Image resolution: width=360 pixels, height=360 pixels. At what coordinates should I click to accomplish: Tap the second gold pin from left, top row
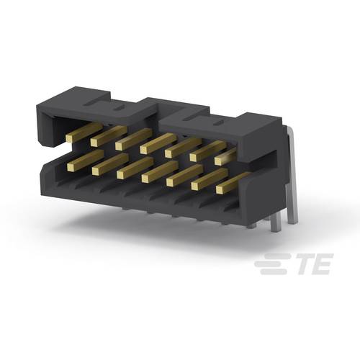click(108, 135)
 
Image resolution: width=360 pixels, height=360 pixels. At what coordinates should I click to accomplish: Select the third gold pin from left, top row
click(132, 138)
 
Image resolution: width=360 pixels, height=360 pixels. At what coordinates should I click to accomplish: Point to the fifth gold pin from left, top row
click(181, 147)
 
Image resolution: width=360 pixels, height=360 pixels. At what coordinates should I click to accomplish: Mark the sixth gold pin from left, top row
click(206, 150)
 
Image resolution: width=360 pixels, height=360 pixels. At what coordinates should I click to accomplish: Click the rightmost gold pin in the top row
click(226, 154)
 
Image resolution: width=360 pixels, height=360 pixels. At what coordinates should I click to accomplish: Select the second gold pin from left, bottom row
click(109, 163)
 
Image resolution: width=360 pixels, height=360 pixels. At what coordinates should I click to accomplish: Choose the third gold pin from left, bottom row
click(134, 168)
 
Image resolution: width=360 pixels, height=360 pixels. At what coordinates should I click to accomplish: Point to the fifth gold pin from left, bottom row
click(184, 176)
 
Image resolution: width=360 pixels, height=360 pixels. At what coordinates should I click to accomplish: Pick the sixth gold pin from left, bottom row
click(209, 180)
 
